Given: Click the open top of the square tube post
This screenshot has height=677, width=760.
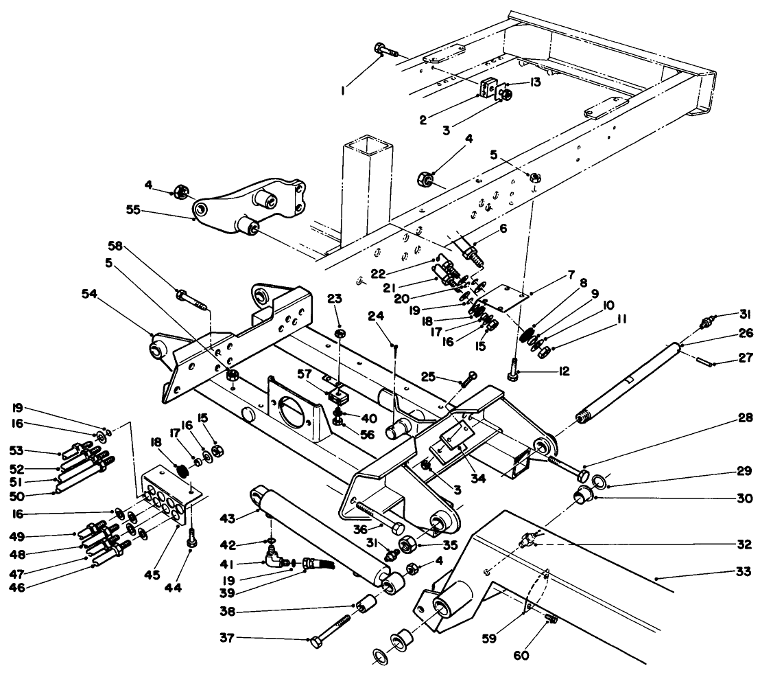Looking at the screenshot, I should [369, 146].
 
